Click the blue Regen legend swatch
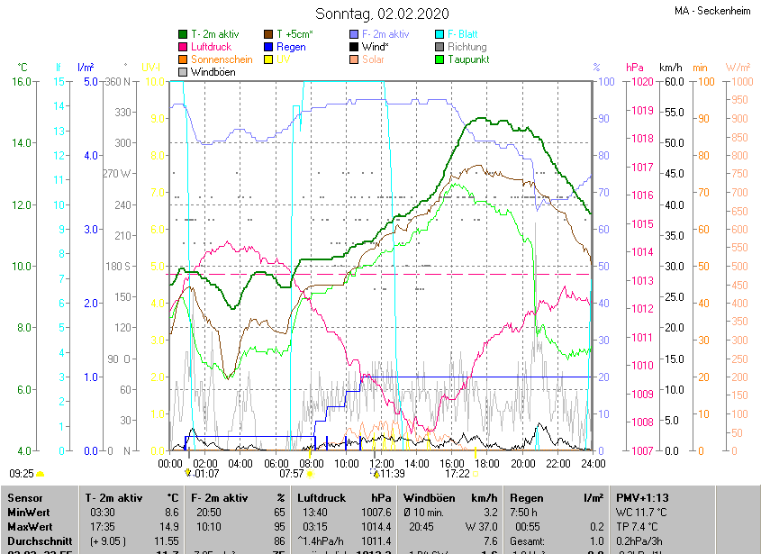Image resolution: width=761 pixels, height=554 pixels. [268, 47]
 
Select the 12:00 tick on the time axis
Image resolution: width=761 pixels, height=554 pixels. [382, 463]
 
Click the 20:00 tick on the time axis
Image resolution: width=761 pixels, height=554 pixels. [522, 463]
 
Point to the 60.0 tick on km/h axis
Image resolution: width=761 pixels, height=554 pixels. [670, 82]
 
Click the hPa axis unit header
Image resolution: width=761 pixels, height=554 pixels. [635, 68]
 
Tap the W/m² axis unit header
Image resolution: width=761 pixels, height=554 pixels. [738, 68]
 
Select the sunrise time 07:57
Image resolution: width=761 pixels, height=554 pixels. [291, 473]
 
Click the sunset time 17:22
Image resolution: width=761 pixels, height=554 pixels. [457, 473]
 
